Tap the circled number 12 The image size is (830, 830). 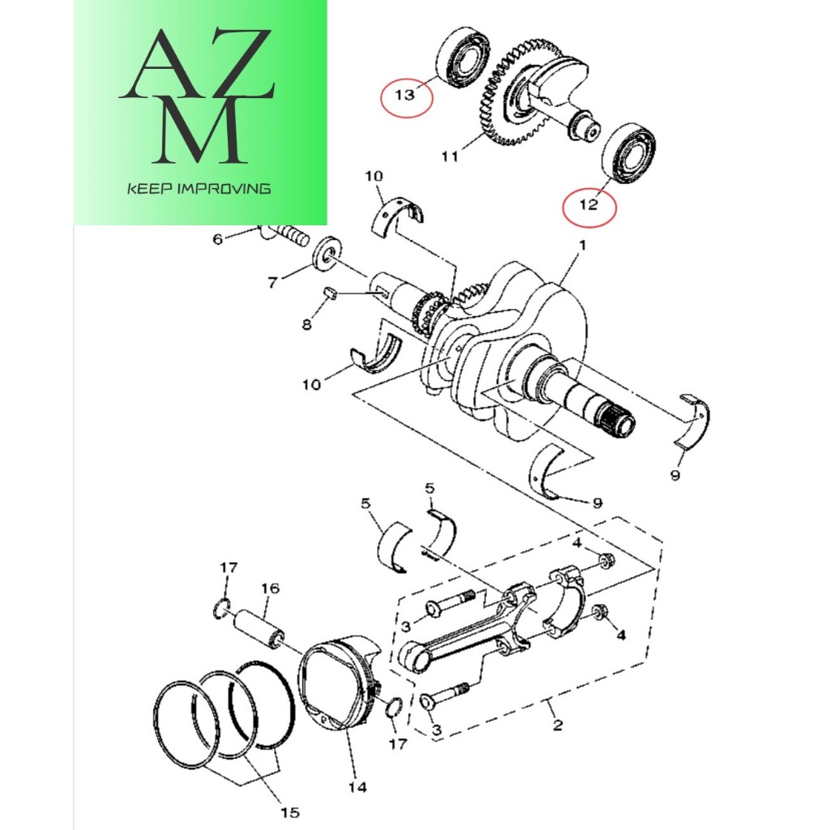(x=589, y=205)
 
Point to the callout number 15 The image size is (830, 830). (x=290, y=811)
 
